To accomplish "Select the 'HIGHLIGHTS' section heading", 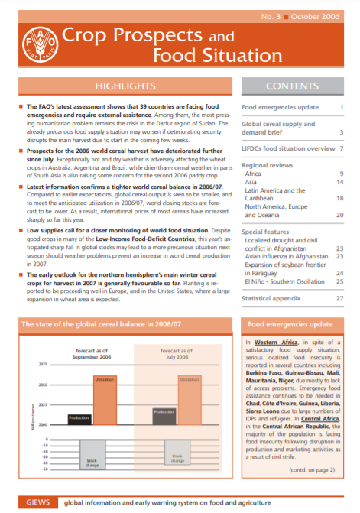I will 119,86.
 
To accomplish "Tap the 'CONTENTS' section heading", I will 294,86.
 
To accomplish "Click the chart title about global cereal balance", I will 101,325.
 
